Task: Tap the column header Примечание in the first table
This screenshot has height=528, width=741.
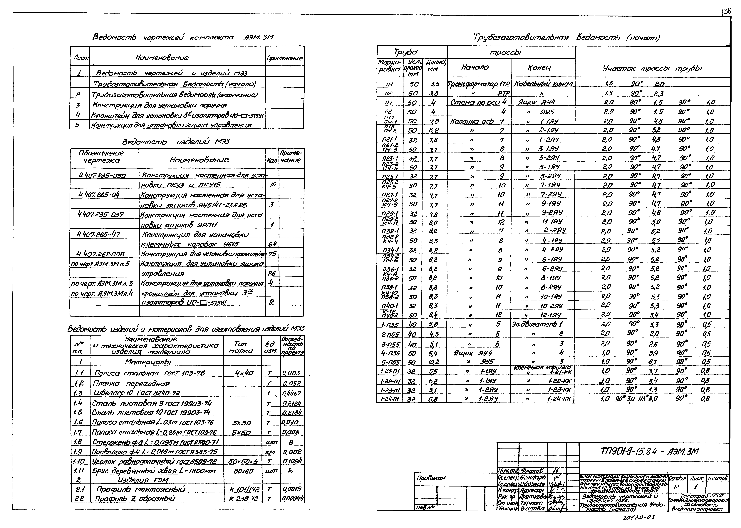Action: (x=285, y=59)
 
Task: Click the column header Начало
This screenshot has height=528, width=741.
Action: (x=475, y=67)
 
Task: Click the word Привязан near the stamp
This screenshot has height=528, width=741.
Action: (x=431, y=478)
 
